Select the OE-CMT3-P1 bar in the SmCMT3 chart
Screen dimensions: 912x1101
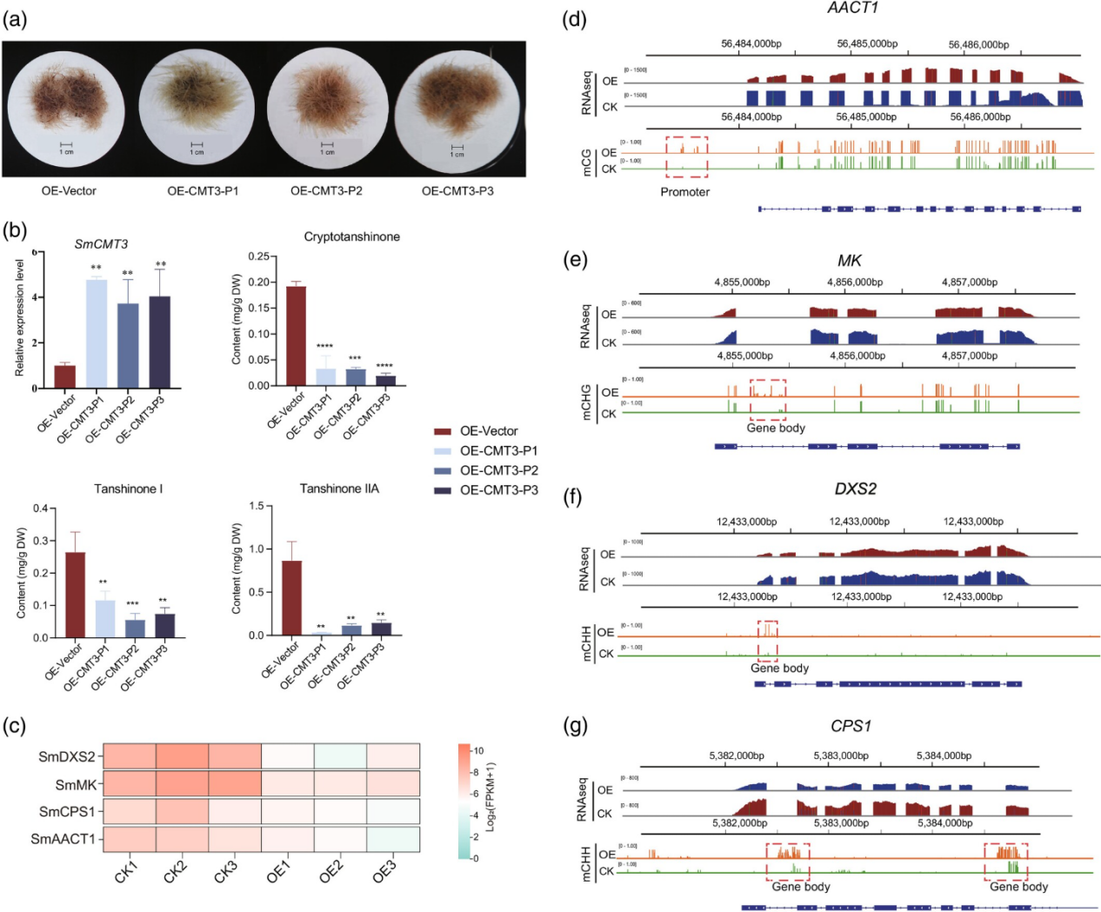point(97,333)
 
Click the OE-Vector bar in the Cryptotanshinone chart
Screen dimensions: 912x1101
point(296,336)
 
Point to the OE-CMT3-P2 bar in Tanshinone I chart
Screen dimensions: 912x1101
point(135,628)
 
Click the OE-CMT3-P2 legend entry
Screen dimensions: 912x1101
point(498,470)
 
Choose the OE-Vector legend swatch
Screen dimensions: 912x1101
point(443,431)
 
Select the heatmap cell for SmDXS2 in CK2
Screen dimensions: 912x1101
point(182,756)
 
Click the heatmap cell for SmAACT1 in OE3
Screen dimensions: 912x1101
point(393,839)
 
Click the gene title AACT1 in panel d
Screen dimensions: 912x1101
point(852,8)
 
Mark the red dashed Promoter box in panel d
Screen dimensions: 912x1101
point(686,156)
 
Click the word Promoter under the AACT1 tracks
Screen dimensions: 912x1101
point(684,192)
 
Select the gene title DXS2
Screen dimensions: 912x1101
point(855,489)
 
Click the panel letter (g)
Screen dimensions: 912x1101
point(575,725)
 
